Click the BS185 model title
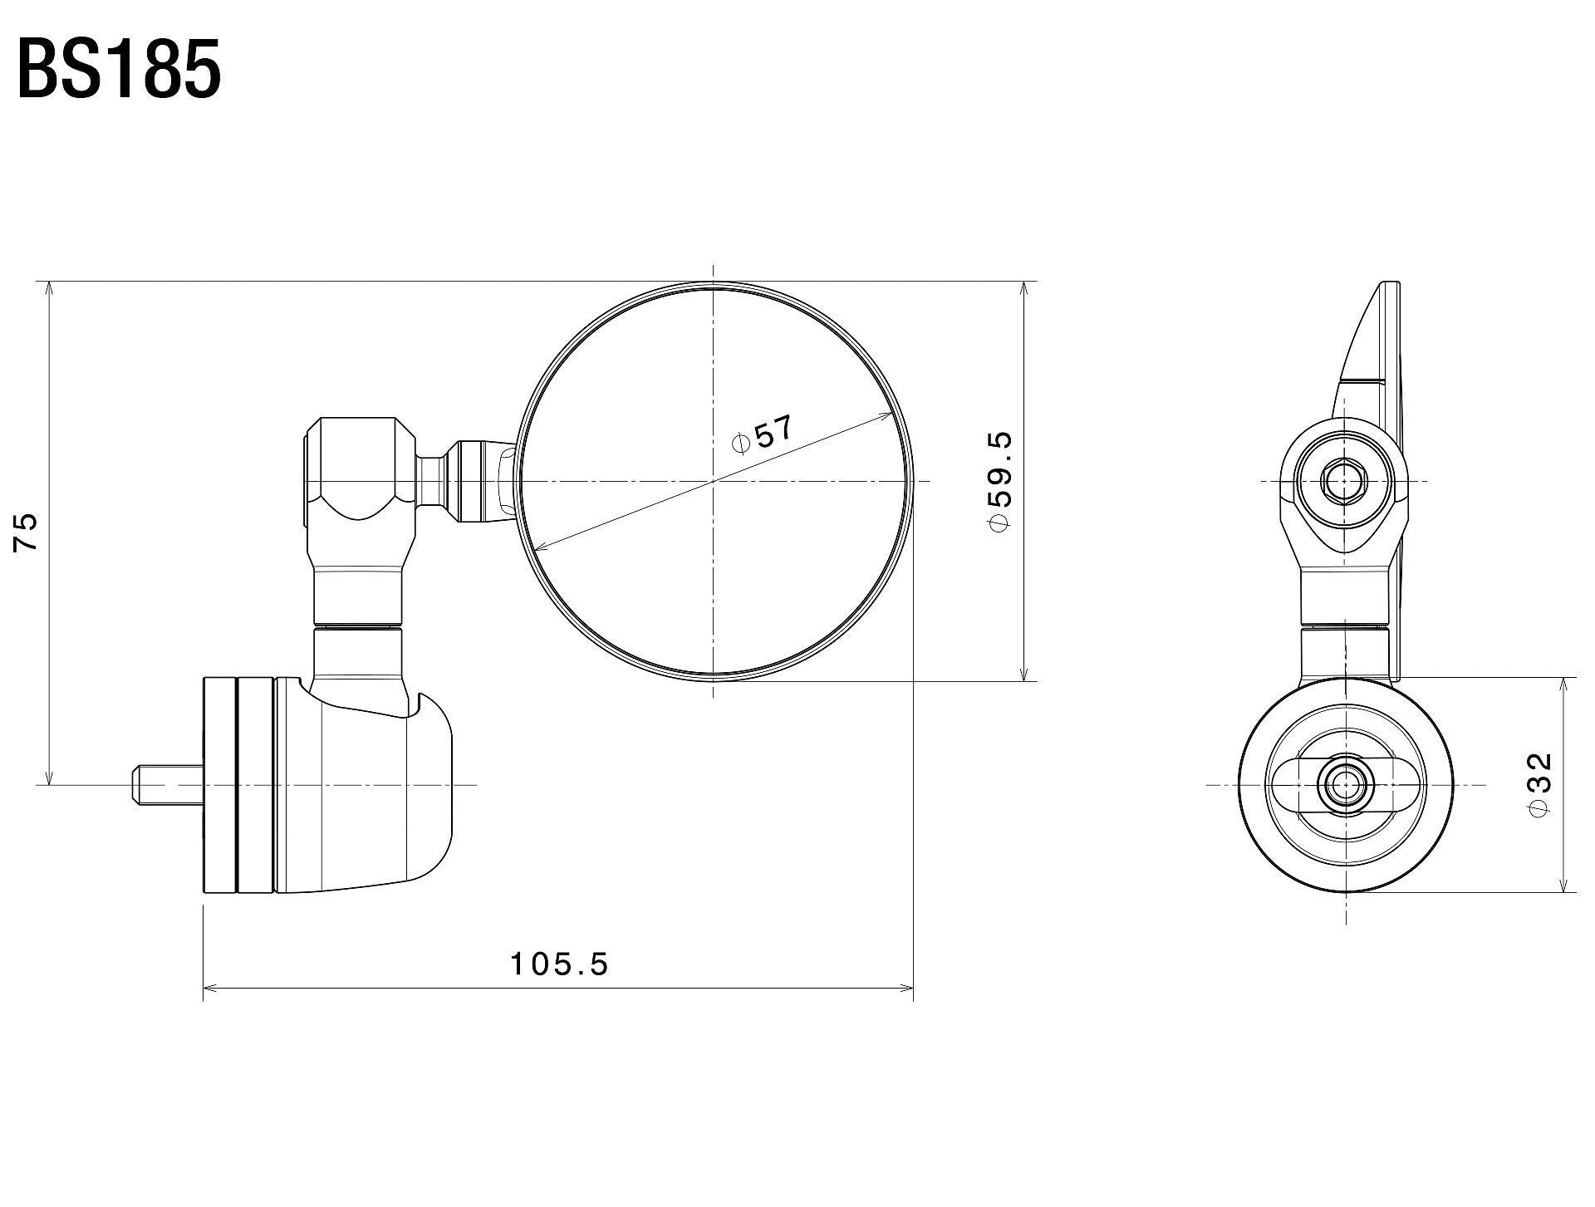coord(119,71)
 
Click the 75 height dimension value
coord(27,532)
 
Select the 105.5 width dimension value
coord(559,964)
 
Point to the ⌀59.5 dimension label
coord(999,482)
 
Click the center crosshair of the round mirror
coord(714,481)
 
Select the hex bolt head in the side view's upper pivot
coord(1342,481)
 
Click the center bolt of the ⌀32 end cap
coord(1343,784)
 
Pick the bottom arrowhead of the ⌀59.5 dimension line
coord(1023,676)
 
